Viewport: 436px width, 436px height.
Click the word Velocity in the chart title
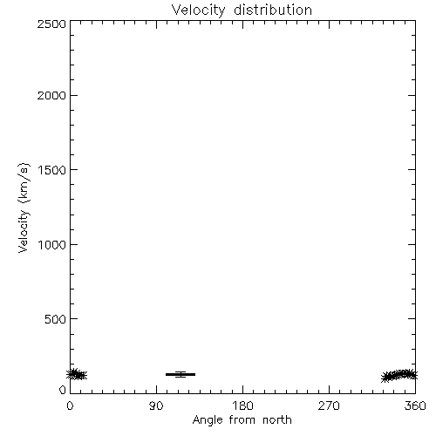[x=198, y=10]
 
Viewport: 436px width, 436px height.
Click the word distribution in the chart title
[x=273, y=10]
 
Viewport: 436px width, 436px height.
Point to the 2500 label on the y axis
[x=51, y=24]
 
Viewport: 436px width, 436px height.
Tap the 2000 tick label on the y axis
[x=51, y=95]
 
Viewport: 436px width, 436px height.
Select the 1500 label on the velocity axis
[x=52, y=170]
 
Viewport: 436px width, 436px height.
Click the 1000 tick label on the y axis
[x=52, y=245]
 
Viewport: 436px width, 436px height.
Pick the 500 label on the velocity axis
[x=56, y=319]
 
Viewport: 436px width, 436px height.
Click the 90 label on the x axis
[x=156, y=405]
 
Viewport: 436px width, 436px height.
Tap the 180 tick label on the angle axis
[x=242, y=405]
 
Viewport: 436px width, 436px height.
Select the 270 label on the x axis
[x=329, y=405]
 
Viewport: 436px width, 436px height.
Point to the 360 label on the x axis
[x=415, y=405]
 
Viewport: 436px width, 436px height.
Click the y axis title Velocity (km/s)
[x=24, y=208]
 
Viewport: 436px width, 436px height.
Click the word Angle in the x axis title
[x=208, y=420]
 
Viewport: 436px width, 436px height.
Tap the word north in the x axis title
[x=277, y=420]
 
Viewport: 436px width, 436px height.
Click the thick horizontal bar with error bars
[x=181, y=374]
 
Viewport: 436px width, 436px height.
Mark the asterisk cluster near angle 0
[x=77, y=374]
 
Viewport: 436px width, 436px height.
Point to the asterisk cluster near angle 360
[x=399, y=376]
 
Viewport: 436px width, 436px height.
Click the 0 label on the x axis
[x=70, y=405]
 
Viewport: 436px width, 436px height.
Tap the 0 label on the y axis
[x=63, y=390]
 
